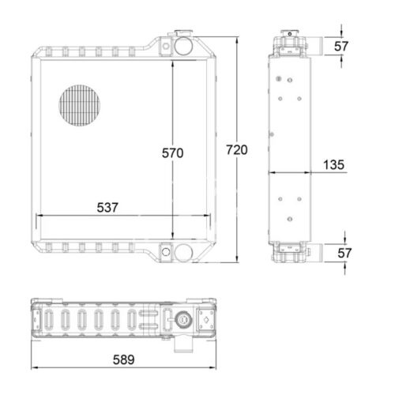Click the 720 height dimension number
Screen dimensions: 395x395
[237, 150]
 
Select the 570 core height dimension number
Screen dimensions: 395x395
[172, 153]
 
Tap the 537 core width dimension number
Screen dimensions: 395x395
[107, 208]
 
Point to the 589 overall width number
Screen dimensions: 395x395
[123, 359]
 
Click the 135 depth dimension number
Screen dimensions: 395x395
[333, 165]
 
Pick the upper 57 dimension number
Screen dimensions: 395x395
[341, 47]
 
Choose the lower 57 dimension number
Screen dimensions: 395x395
[344, 253]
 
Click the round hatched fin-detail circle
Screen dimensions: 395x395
[80, 105]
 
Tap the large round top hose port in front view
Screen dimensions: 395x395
[183, 46]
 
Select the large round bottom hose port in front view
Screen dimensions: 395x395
[183, 253]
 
